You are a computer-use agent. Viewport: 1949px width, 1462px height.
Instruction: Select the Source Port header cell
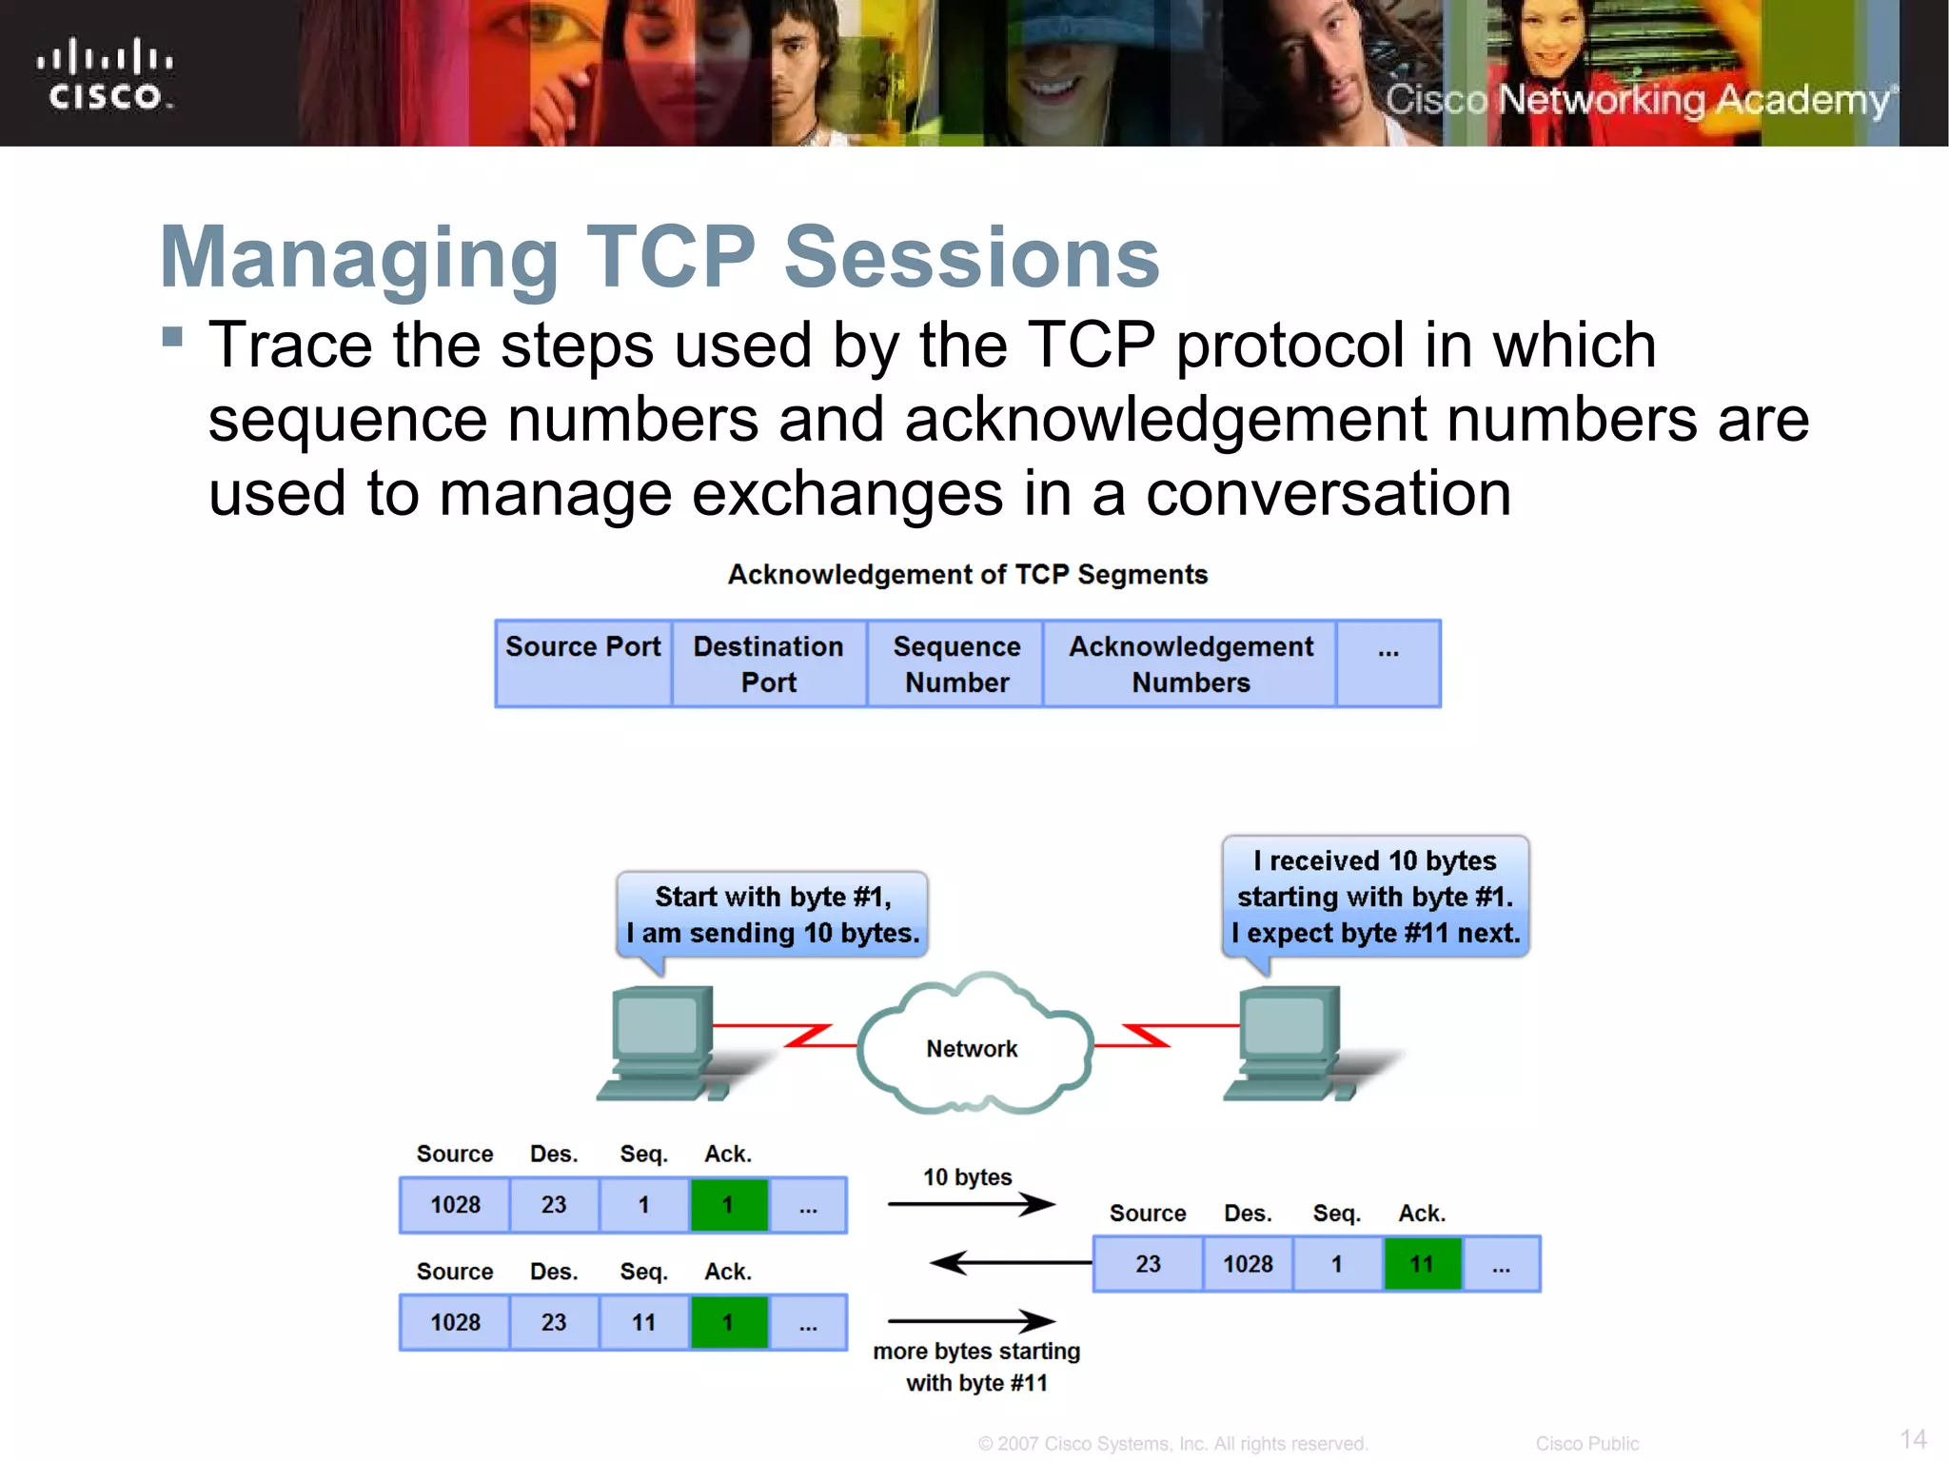[582, 663]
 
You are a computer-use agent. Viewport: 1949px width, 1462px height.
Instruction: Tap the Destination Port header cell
[768, 663]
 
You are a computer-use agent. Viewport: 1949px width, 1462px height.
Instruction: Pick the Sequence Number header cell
[955, 663]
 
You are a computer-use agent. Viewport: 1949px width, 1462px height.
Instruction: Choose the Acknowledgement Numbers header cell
[1190, 663]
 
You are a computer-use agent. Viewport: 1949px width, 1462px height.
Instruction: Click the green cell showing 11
[1422, 1264]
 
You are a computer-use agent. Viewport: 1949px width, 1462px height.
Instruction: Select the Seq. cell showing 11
[643, 1322]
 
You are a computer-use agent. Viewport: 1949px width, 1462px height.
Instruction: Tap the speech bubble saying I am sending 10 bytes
[772, 915]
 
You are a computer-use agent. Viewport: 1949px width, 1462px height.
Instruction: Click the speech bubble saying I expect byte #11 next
[1375, 897]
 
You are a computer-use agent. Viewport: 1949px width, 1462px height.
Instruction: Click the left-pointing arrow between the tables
[1009, 1263]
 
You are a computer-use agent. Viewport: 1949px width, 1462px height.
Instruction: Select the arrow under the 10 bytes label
[971, 1205]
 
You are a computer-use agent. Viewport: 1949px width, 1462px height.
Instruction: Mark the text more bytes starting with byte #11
[976, 1367]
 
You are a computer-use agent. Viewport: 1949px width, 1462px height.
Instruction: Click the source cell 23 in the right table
[1148, 1264]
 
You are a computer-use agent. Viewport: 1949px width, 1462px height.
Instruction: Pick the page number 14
[1912, 1438]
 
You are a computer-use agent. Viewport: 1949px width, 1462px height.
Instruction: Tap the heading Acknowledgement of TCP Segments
[967, 575]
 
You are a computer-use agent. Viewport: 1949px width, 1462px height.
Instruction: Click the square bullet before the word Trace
[172, 336]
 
